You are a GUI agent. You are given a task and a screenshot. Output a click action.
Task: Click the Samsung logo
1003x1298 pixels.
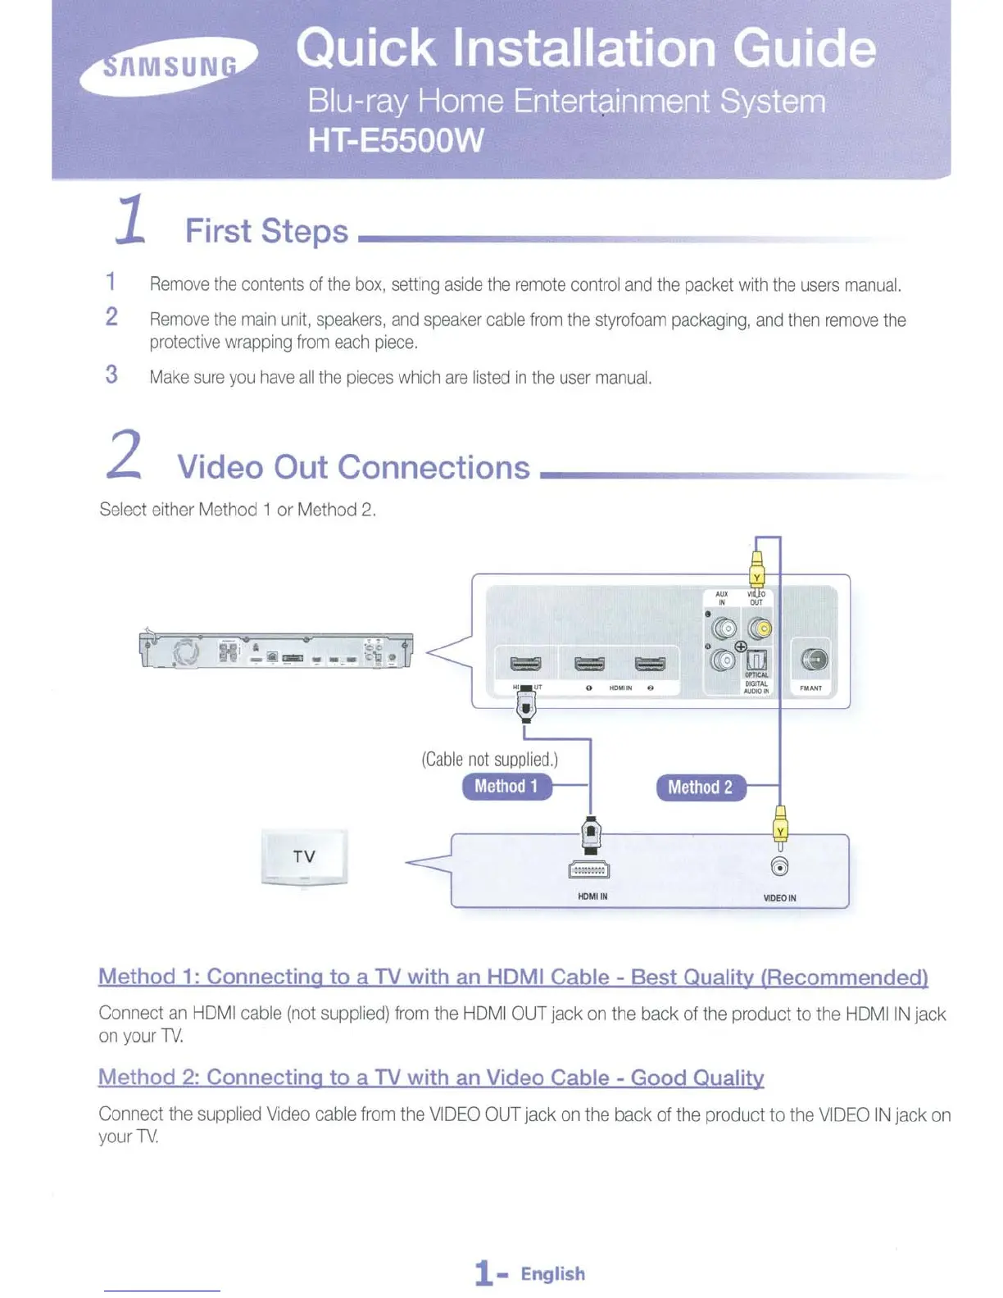169,66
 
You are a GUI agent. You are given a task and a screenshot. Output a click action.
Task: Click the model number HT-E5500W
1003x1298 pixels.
396,141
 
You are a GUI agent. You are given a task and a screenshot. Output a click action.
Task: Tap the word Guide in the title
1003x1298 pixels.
804,48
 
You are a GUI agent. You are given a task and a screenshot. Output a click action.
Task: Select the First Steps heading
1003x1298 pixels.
266,231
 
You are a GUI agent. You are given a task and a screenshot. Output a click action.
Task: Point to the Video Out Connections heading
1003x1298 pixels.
353,467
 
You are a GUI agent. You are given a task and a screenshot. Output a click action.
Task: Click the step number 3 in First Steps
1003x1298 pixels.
111,375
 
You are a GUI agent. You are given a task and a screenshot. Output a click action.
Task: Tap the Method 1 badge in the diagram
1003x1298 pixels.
506,787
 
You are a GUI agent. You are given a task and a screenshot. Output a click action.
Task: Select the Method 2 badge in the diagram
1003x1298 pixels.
701,787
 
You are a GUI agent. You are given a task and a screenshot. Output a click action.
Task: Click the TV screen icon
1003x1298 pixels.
304,856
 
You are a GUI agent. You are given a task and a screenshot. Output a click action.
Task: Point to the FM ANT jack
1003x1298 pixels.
813,660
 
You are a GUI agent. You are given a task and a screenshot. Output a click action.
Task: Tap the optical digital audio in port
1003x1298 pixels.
756,660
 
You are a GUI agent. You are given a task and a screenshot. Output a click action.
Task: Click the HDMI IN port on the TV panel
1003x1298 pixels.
589,870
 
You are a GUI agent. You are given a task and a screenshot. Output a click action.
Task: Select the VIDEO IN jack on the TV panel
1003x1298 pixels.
780,868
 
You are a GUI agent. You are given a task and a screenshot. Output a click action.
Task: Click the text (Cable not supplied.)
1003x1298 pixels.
490,760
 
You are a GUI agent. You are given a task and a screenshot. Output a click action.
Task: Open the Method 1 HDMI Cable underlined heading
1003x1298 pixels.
513,977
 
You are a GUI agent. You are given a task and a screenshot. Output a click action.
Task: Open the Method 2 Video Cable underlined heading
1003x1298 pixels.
431,1078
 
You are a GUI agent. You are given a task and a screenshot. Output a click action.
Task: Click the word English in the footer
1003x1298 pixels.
553,1274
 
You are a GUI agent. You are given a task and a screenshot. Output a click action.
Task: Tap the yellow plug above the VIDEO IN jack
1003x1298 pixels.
780,826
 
